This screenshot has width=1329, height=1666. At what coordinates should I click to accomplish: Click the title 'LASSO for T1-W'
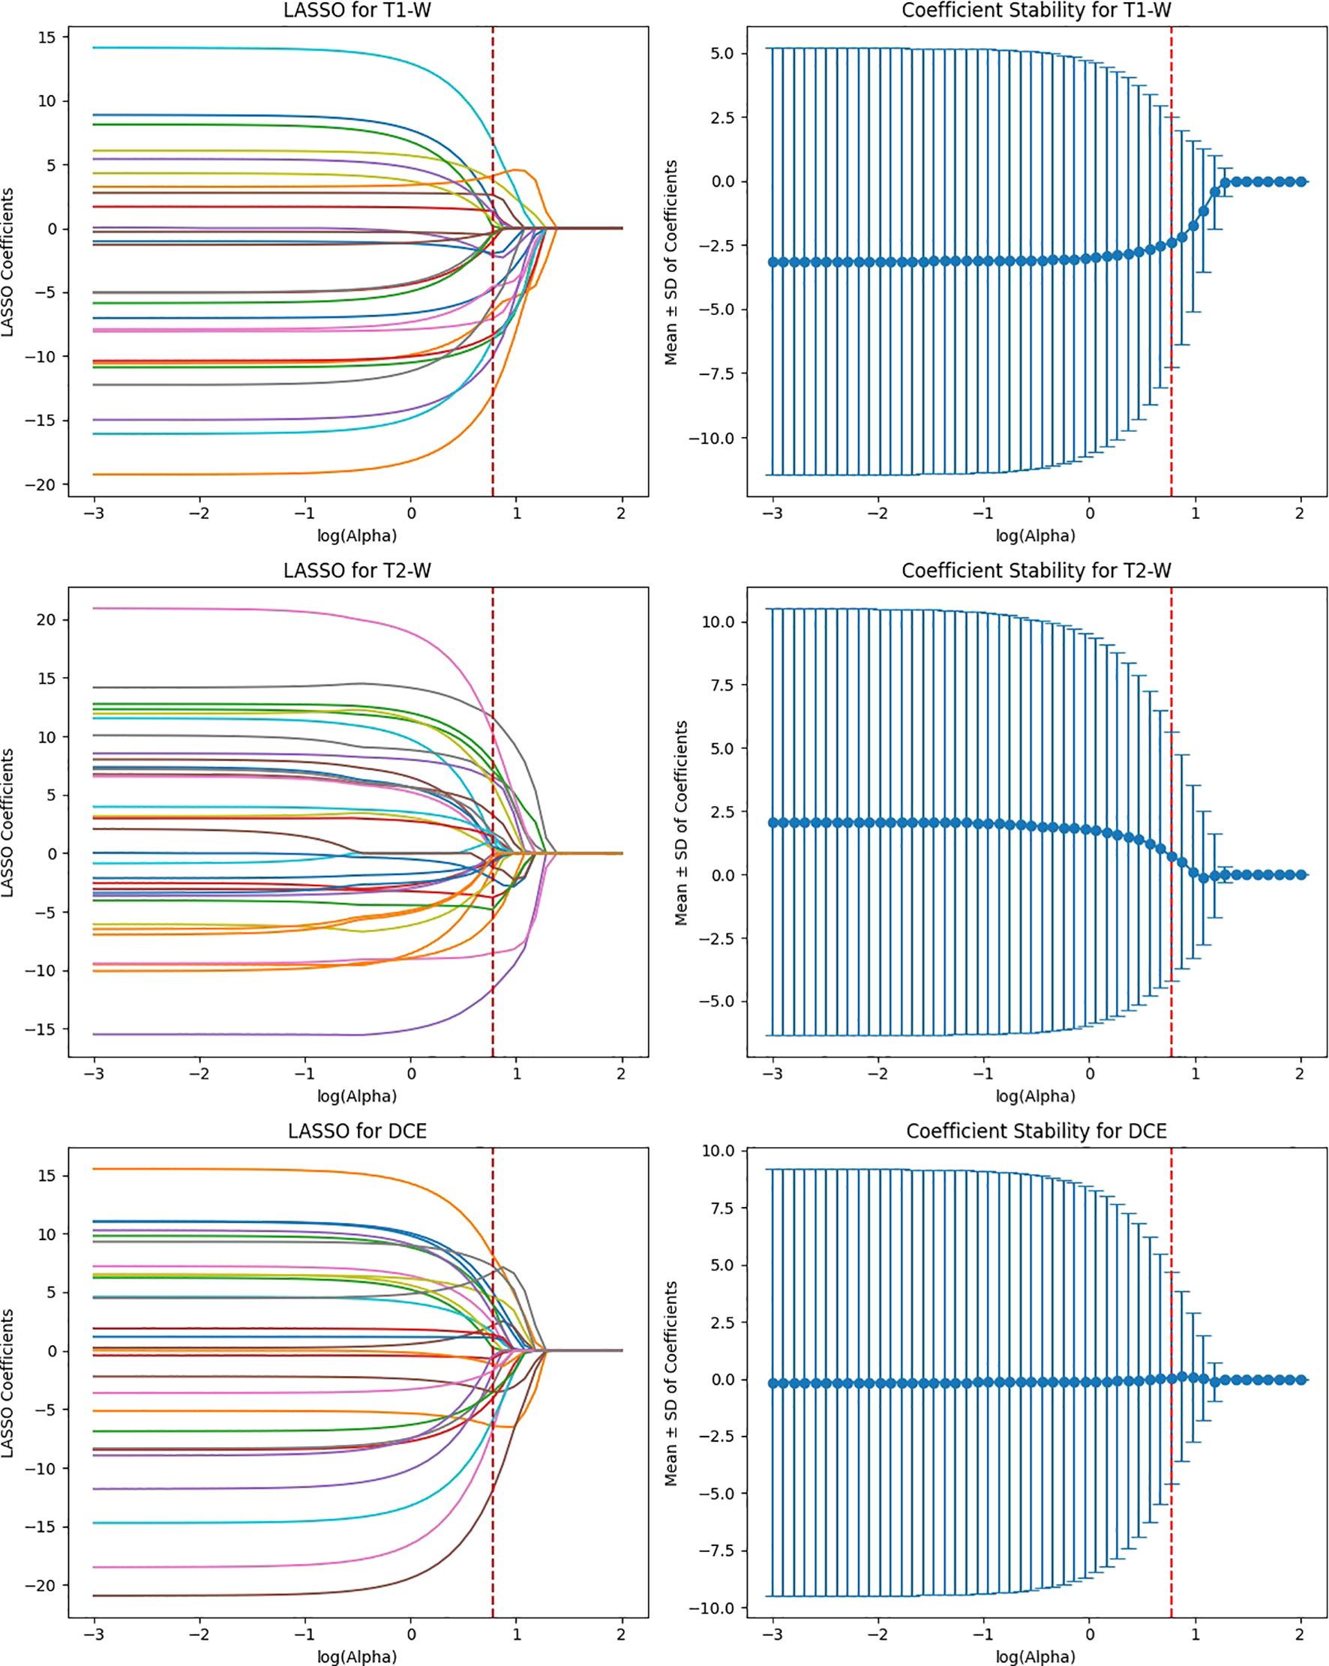click(x=357, y=10)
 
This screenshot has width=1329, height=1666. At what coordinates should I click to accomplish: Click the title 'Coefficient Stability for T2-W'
click(x=1036, y=571)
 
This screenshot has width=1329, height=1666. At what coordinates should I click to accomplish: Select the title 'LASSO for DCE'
click(x=357, y=1131)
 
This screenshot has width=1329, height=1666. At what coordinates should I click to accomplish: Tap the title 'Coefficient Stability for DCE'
click(x=1036, y=1131)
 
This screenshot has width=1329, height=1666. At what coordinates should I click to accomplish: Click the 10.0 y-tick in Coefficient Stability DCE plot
click(x=718, y=1151)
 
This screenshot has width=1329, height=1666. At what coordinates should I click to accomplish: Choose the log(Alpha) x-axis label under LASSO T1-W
click(x=357, y=535)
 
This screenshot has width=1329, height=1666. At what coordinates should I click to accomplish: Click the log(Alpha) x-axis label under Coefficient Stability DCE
click(x=1036, y=1657)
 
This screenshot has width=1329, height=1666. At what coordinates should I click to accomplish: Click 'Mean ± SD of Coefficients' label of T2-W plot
click(x=680, y=823)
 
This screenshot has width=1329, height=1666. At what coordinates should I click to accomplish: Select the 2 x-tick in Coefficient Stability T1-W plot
click(x=1300, y=513)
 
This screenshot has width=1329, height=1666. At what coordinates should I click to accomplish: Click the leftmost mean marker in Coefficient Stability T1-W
click(x=773, y=262)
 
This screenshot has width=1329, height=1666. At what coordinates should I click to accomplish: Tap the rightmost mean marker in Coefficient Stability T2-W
click(x=1301, y=875)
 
